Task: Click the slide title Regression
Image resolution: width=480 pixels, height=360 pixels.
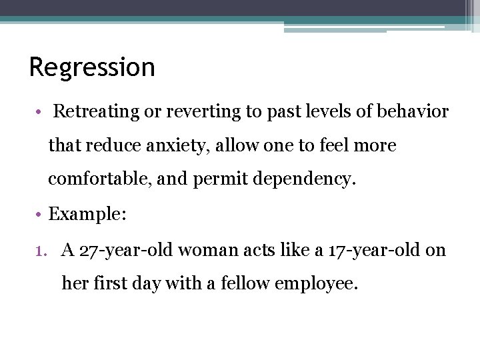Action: point(92,67)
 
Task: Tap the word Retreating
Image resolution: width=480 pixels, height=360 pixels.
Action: point(96,112)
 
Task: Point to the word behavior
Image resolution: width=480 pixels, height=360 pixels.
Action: point(413,112)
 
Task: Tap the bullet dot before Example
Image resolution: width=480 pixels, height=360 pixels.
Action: point(41,215)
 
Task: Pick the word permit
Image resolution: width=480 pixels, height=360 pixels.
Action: point(215,179)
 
